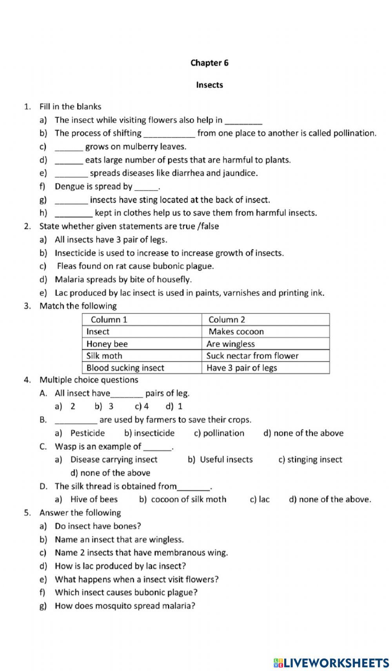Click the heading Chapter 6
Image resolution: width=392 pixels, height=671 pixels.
pyautogui.click(x=209, y=63)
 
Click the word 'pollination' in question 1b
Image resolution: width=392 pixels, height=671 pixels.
pyautogui.click(x=354, y=133)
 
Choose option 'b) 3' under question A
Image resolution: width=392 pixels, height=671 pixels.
pyautogui.click(x=104, y=406)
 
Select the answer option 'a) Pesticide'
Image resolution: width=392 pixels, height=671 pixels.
pyautogui.click(x=80, y=433)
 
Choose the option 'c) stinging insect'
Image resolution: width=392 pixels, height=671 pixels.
pyautogui.click(x=310, y=460)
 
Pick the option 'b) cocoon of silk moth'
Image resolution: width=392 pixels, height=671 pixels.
pyautogui.click(x=183, y=499)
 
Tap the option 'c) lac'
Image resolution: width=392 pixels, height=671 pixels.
pyautogui.click(x=260, y=499)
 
